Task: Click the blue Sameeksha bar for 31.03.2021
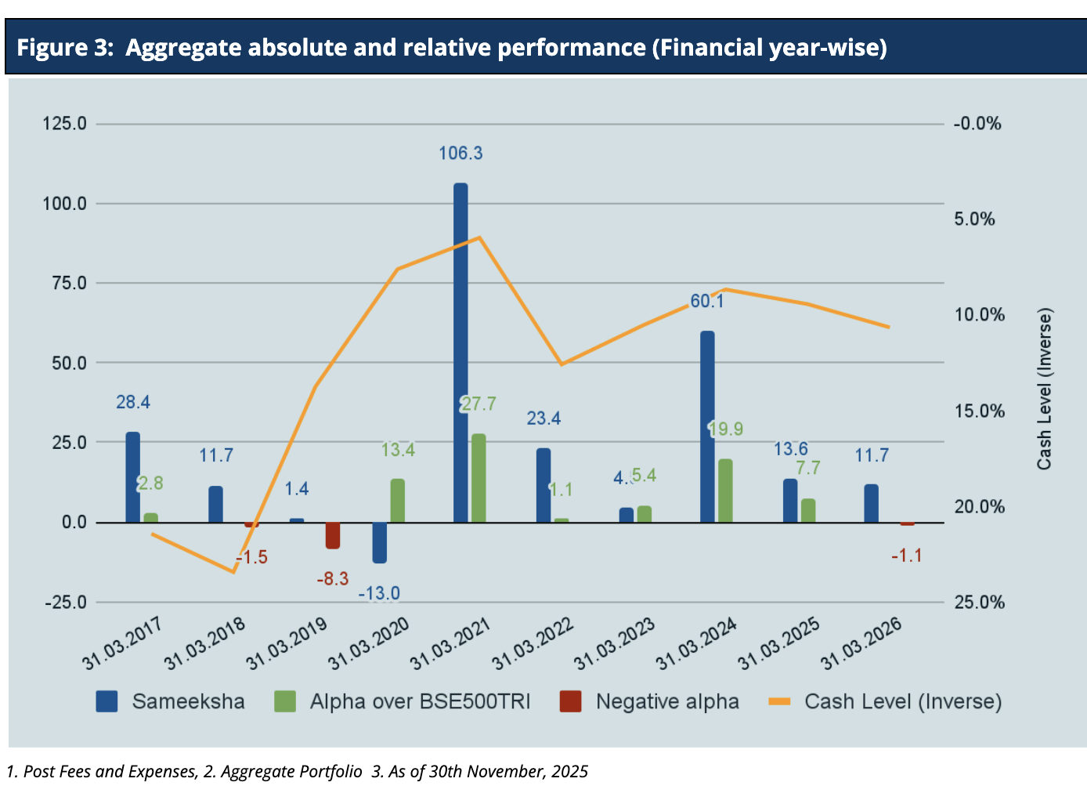pyautogui.click(x=460, y=353)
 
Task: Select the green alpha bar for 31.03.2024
pyautogui.click(x=725, y=491)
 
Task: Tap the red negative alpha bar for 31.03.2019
pyautogui.click(x=333, y=535)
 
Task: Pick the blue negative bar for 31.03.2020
pyautogui.click(x=379, y=542)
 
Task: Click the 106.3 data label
pyautogui.click(x=460, y=154)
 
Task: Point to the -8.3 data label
pyautogui.click(x=332, y=579)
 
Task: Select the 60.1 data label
pyautogui.click(x=707, y=301)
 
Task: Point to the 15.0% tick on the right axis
pyautogui.click(x=979, y=411)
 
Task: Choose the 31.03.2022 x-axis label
pyautogui.click(x=533, y=643)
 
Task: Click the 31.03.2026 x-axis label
pyautogui.click(x=861, y=643)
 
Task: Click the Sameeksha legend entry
pyautogui.click(x=188, y=701)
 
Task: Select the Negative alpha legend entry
pyautogui.click(x=666, y=701)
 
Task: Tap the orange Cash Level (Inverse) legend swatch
pyautogui.click(x=780, y=701)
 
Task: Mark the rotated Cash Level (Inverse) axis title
pyautogui.click(x=1044, y=389)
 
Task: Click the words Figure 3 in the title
pyautogui.click(x=65, y=48)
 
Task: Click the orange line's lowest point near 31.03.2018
pyautogui.click(x=234, y=572)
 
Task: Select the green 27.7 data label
pyautogui.click(x=478, y=404)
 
